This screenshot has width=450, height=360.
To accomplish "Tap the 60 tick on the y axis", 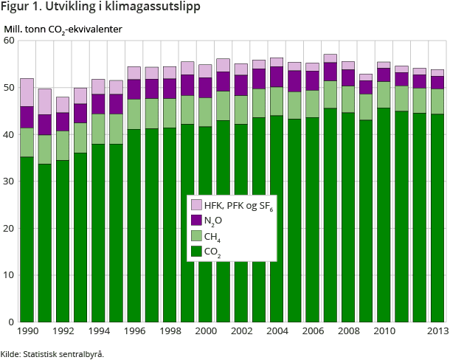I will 10,41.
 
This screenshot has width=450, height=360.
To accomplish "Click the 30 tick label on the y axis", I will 10,181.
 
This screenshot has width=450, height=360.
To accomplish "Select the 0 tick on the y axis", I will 13,322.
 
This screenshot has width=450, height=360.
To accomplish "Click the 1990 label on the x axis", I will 28,332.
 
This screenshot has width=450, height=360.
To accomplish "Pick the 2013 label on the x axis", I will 437,332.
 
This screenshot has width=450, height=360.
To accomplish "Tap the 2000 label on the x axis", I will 206,332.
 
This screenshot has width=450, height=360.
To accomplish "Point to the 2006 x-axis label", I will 313,332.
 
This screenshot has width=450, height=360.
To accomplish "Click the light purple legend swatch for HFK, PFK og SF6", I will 197,204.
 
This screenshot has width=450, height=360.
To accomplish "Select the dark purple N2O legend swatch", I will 197,220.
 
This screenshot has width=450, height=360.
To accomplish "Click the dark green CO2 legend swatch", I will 197,252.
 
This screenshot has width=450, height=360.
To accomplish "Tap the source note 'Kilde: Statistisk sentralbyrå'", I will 52,353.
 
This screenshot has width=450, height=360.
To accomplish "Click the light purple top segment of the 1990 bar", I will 27,92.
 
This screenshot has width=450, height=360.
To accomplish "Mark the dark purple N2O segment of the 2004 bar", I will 277,77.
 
